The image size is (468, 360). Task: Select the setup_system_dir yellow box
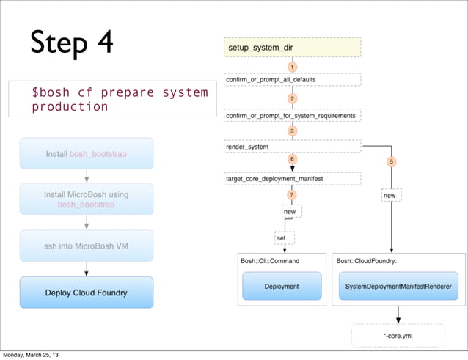coord(292,48)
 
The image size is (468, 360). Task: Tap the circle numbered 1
coord(292,67)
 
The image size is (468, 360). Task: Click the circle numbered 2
coord(292,98)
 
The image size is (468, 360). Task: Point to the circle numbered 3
coord(292,131)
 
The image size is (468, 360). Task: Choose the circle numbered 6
coord(292,159)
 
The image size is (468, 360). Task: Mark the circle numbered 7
coord(292,195)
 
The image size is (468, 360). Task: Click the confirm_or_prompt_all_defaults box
coord(292,79)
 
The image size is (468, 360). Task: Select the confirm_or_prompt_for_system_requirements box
coord(292,115)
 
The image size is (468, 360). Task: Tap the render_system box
coord(292,147)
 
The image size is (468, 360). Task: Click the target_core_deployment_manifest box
coord(292,178)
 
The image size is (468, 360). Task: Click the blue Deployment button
coord(282,286)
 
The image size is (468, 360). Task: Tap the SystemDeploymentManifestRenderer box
coord(398,286)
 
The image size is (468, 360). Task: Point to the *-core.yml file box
coord(398,335)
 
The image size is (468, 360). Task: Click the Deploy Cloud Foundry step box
coord(87,293)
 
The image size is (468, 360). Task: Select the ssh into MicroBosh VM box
coord(87,246)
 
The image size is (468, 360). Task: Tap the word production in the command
coord(70,107)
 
